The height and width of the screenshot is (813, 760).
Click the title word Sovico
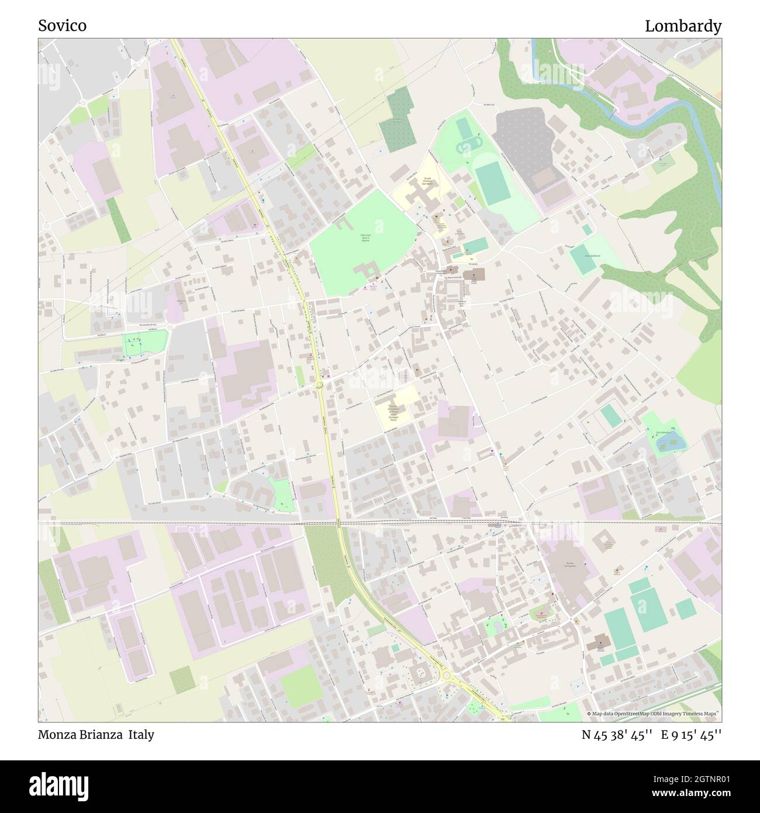pyautogui.click(x=62, y=26)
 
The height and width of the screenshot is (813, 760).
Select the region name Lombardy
pyautogui.click(x=683, y=26)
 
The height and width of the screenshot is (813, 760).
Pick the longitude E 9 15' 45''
pyautogui.click(x=691, y=734)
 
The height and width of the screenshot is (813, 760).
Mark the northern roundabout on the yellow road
pyautogui.click(x=319, y=384)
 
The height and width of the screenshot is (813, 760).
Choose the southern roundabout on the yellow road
pyautogui.click(x=447, y=676)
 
